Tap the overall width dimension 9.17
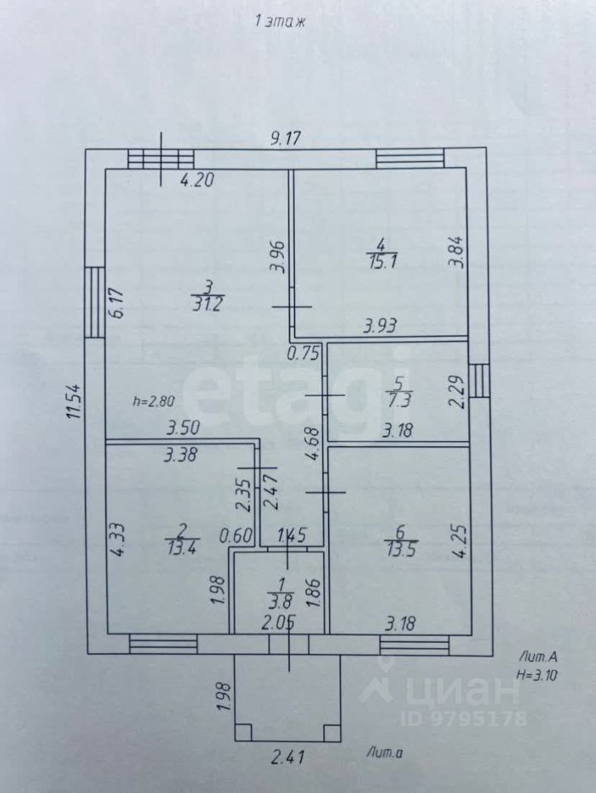[x=286, y=139]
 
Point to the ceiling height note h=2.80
[x=153, y=402]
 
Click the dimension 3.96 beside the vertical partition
[x=278, y=257]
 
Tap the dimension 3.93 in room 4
[x=381, y=327]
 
